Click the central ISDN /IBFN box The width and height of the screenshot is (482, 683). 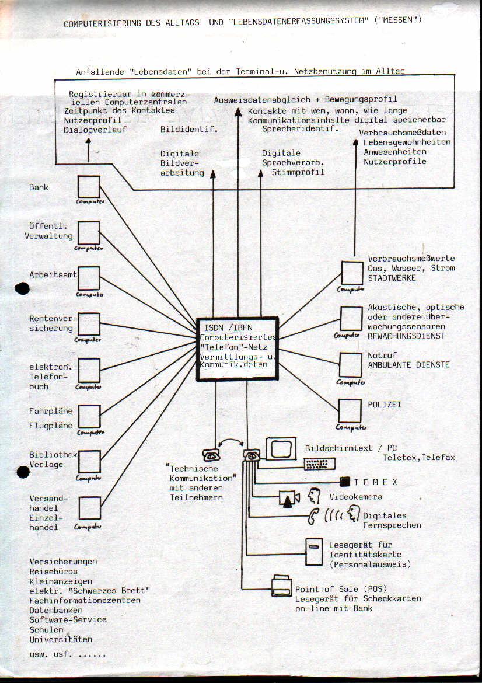pos(237,349)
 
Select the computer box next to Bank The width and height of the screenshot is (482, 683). pos(89,187)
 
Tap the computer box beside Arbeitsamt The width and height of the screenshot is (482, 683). pos(89,278)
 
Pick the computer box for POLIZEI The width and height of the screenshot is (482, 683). pos(350,411)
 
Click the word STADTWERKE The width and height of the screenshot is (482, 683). pos(392,278)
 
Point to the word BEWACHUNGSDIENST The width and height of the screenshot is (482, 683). pos(406,336)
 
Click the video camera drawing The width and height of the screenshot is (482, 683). pos(289,498)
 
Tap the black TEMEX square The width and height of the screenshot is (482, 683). pos(344,482)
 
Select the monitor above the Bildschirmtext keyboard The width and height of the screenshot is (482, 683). pos(281,448)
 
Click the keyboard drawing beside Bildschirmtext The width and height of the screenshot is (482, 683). pos(319,464)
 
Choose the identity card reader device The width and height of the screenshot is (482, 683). pos(314,551)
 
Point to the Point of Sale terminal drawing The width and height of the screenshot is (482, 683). pos(282,586)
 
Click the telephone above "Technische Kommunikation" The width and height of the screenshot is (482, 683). pos(211,455)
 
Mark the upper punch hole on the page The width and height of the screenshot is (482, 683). pos(22,288)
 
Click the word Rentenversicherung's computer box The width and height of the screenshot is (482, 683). pos(89,324)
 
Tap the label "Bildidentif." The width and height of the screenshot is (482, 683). pos(189,129)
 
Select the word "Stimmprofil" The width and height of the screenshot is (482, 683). pos(298,172)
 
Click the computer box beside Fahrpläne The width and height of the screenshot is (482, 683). pos(89,416)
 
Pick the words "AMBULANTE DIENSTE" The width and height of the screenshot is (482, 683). pos(408,365)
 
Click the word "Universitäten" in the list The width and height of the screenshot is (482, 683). pos(61,639)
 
